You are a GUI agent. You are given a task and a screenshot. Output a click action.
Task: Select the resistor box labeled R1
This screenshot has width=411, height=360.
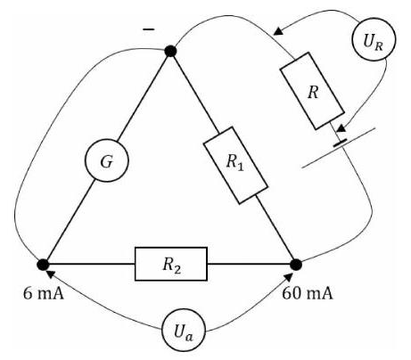[x=235, y=165]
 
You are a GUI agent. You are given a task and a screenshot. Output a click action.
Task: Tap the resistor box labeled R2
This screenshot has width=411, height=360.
[x=171, y=264]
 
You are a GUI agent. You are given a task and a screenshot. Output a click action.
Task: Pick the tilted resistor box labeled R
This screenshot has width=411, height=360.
[x=312, y=91]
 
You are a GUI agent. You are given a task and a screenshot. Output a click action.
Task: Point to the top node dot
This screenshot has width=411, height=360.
[x=170, y=51]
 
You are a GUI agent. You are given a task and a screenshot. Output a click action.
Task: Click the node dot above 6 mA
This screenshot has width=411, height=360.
[x=43, y=265]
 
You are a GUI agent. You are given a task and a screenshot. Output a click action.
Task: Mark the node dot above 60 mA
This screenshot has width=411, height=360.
[x=296, y=265]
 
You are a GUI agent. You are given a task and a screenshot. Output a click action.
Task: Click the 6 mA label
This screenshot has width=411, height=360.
[x=44, y=294]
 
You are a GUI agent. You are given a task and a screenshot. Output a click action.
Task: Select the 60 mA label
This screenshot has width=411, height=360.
[x=307, y=294]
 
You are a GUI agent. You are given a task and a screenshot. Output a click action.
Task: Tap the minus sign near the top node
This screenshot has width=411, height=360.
[x=148, y=29]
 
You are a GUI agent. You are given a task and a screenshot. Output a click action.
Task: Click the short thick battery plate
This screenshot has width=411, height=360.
[x=341, y=143]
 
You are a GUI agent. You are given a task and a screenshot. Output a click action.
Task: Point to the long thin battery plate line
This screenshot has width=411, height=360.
[x=339, y=148]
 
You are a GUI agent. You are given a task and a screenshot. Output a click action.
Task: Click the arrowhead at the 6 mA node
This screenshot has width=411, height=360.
[x=51, y=274]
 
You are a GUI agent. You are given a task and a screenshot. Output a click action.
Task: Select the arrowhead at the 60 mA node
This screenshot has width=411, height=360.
[x=289, y=277]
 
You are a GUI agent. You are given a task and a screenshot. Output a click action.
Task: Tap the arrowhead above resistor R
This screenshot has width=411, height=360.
[x=278, y=31]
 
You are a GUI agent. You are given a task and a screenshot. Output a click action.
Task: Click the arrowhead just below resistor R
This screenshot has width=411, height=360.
[x=341, y=128]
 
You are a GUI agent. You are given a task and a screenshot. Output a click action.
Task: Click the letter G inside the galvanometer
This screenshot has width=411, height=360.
[x=106, y=162]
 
